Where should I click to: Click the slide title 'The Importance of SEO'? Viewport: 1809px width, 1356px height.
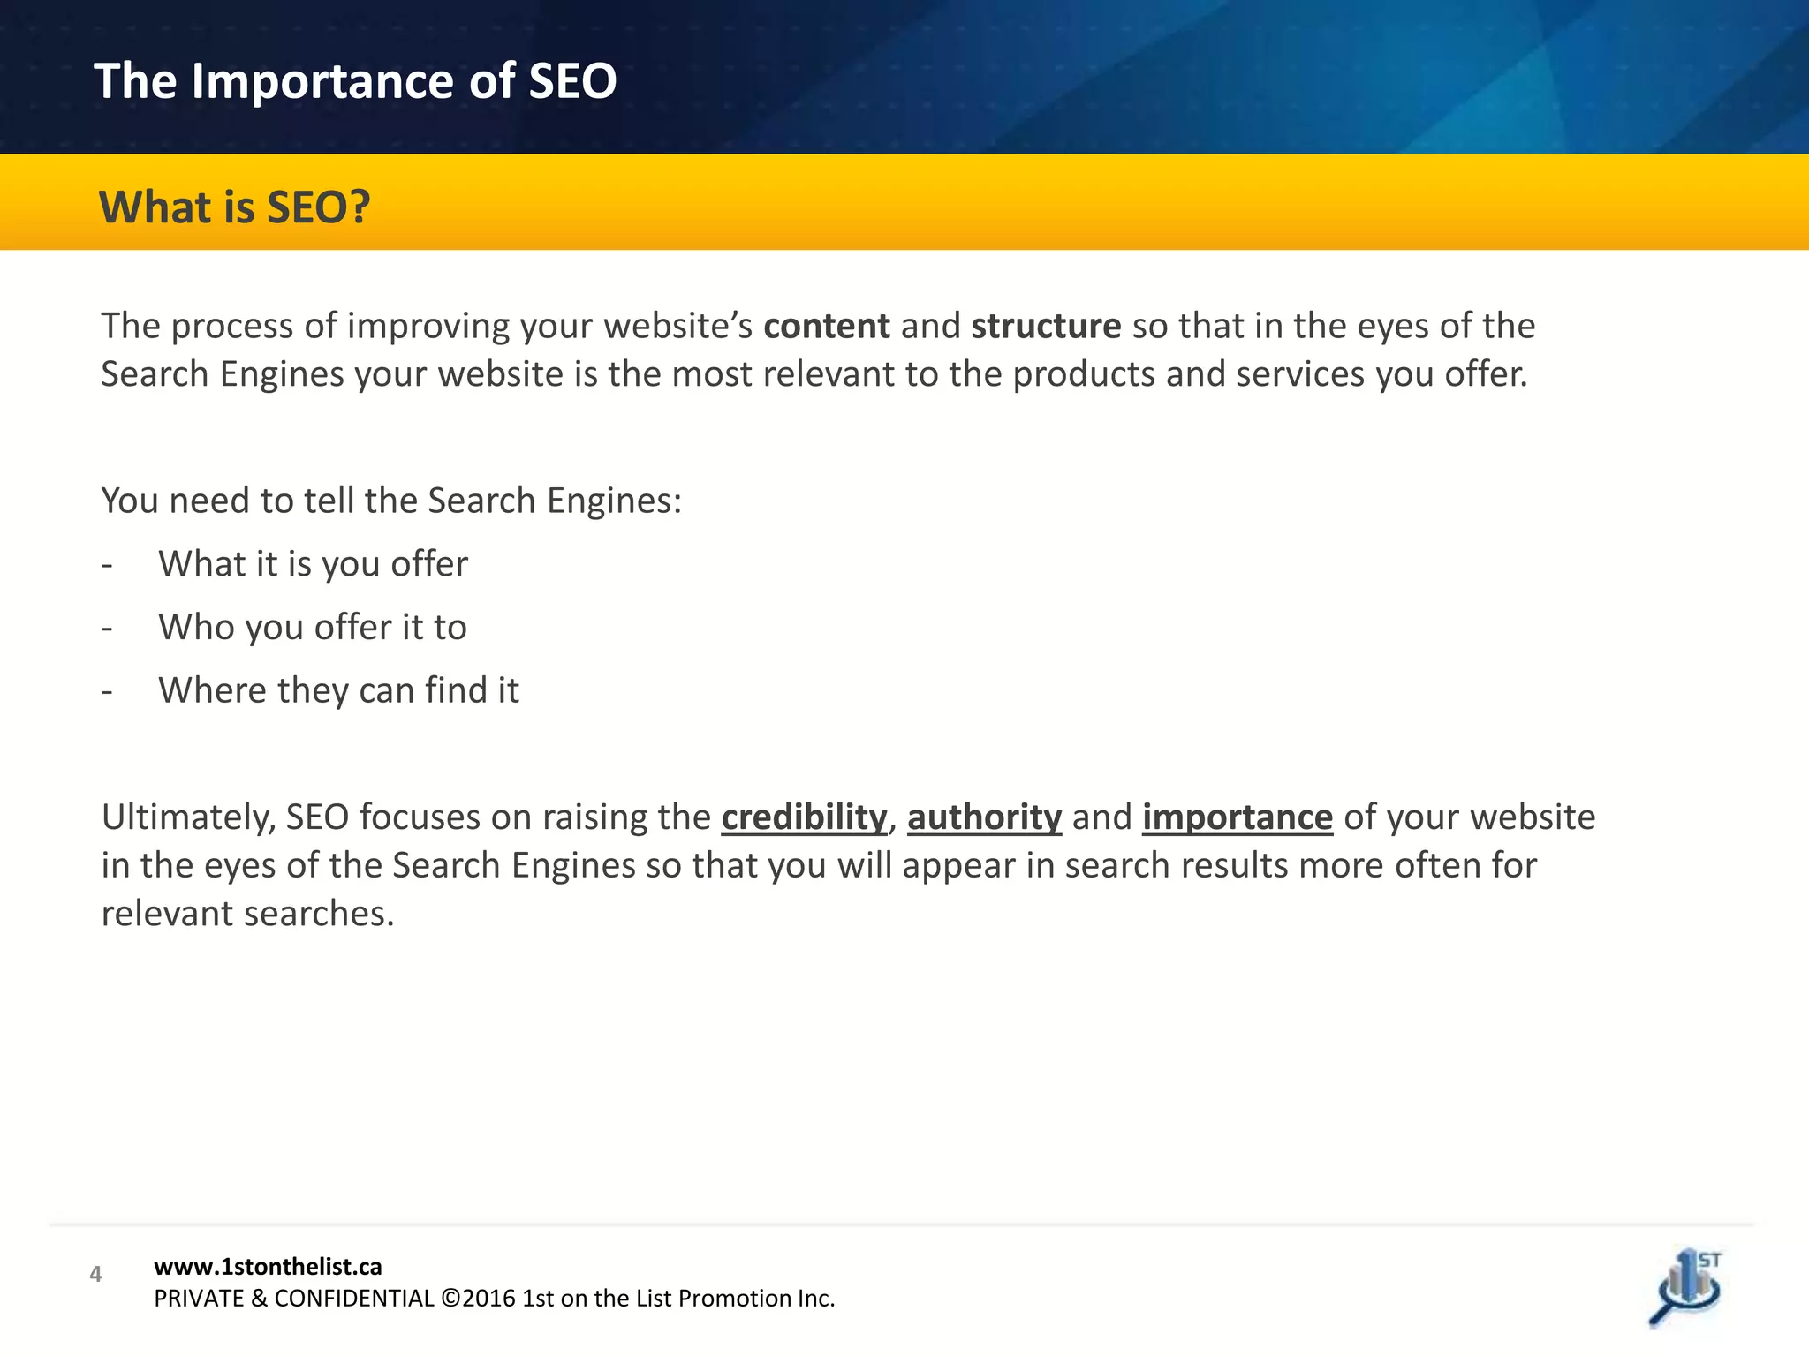355,81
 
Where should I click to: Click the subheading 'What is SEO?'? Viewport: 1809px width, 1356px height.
234,207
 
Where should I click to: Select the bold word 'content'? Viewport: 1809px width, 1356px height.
826,327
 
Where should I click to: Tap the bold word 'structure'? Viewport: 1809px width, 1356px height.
1046,327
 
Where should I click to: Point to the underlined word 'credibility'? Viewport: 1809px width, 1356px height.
804,817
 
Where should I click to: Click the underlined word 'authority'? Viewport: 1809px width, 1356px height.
984,817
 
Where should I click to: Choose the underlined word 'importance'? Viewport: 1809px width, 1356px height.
1237,817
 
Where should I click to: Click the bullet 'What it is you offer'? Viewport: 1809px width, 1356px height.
313,564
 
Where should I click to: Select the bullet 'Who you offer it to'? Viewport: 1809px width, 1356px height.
312,628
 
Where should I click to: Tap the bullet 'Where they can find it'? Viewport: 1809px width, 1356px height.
338,690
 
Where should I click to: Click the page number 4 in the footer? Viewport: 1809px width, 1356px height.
95,1274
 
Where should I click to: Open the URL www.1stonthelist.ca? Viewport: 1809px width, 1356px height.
268,1267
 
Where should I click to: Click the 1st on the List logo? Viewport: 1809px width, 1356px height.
1685,1287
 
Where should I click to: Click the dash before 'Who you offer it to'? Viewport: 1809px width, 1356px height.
107,628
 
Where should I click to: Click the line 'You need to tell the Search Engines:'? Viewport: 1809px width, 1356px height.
391,501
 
